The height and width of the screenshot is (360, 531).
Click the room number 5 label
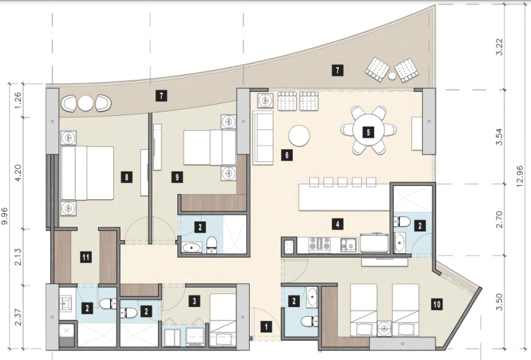click(x=368, y=132)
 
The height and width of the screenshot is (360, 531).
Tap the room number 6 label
click(x=287, y=155)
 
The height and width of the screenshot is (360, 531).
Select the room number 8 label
click(x=127, y=177)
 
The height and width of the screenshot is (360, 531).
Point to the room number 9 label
click(x=177, y=177)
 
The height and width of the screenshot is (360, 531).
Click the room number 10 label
click(x=437, y=304)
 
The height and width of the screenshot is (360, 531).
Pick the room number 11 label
click(x=86, y=257)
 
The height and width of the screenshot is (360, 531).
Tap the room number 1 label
click(x=266, y=327)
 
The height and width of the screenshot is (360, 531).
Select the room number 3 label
click(x=194, y=300)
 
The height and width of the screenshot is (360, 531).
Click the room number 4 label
click(x=338, y=224)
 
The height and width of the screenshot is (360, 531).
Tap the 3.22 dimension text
click(x=500, y=47)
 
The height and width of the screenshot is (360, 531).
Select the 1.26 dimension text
click(x=19, y=100)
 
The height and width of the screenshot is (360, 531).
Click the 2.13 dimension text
click(x=19, y=257)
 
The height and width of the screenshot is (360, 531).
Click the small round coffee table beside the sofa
click(x=299, y=136)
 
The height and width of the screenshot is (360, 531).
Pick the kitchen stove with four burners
click(x=320, y=244)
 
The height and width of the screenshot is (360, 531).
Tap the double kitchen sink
click(x=348, y=245)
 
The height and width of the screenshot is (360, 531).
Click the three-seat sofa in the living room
click(x=263, y=138)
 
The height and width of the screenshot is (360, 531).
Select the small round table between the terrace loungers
click(x=392, y=76)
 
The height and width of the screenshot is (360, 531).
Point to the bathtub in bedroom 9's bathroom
click(x=192, y=249)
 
